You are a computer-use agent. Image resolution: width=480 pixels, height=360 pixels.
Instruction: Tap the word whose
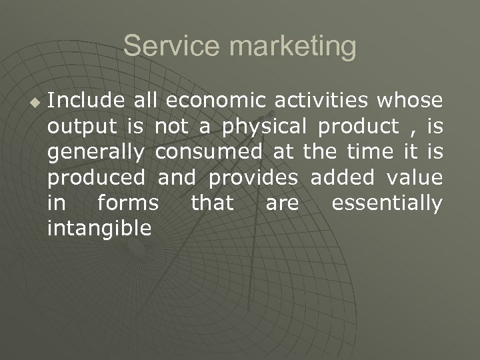click(409, 100)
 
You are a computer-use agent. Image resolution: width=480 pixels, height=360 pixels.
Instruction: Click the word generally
click(96, 153)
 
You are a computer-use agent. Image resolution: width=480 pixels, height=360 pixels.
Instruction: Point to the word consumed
click(209, 151)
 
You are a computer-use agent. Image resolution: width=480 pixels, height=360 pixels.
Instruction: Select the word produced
click(96, 178)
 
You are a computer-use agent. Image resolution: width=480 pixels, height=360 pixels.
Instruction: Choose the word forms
click(128, 202)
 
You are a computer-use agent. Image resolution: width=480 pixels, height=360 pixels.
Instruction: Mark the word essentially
click(387, 203)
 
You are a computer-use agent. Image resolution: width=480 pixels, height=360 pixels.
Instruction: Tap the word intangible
click(99, 229)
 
